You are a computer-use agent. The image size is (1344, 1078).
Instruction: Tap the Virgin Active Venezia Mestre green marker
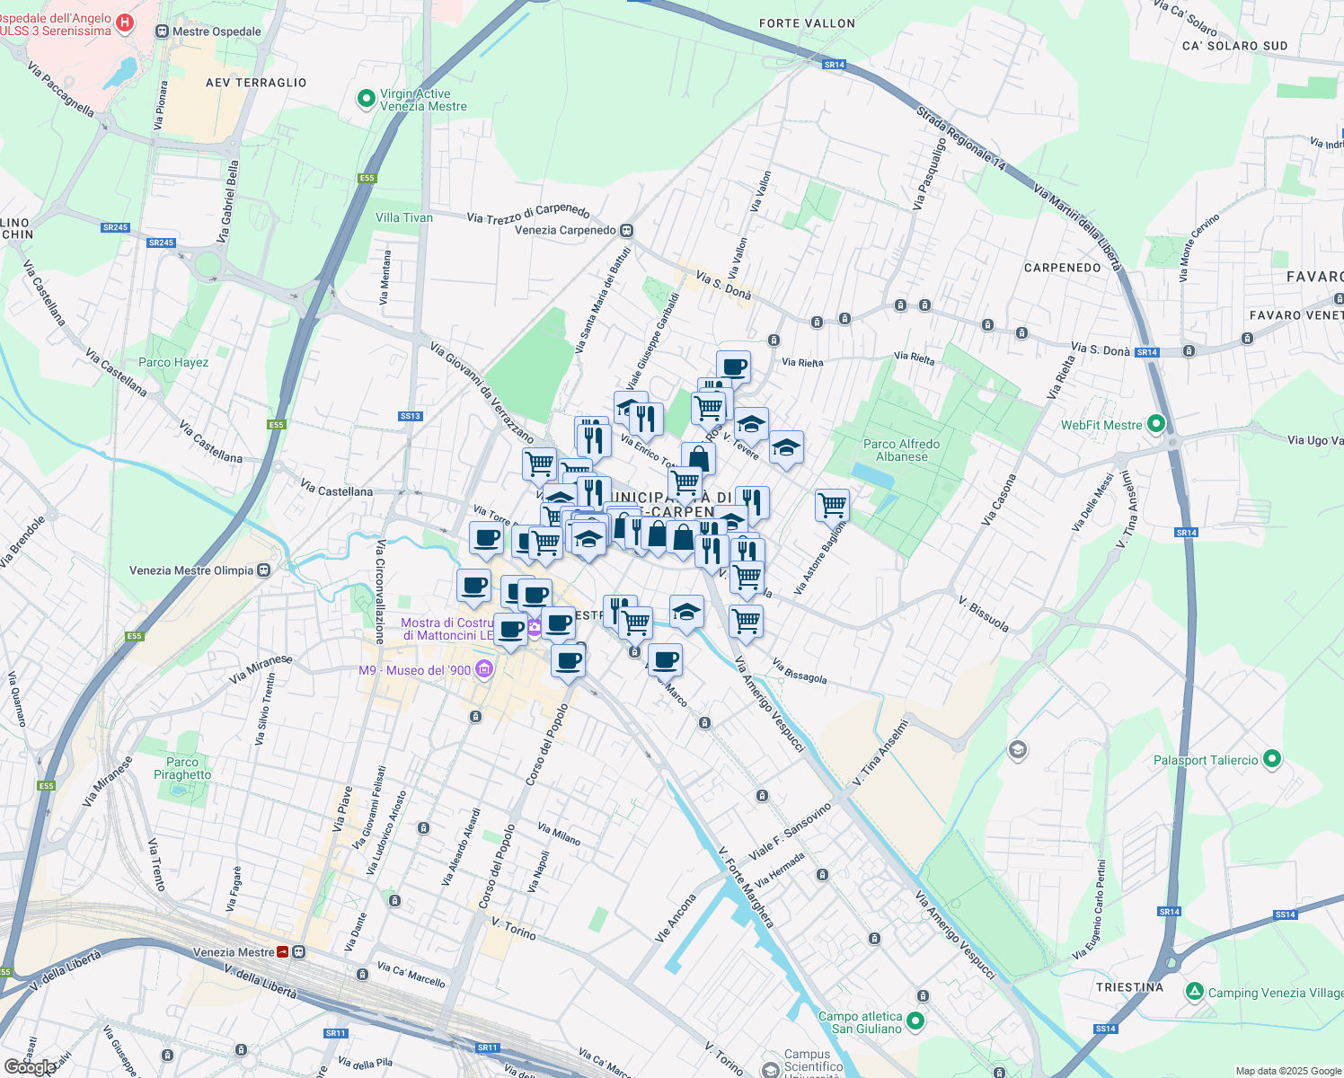(366, 99)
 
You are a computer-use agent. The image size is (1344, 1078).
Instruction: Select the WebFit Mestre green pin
(1156, 424)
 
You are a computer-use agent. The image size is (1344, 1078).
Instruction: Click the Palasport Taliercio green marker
(1271, 759)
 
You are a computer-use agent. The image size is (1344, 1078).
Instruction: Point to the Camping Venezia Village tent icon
(1194, 992)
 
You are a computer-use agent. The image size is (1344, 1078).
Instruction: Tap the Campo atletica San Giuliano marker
(915, 1021)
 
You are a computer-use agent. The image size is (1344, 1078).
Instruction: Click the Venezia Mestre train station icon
(283, 952)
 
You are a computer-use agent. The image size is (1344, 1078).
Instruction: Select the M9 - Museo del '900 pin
(484, 669)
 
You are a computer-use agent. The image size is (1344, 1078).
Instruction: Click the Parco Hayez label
(173, 363)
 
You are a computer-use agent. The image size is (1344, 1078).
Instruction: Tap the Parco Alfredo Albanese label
(901, 450)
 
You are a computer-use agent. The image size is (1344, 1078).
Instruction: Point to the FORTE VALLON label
(807, 23)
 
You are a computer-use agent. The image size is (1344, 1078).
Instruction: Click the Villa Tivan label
(403, 217)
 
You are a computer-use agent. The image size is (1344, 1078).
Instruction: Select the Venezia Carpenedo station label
(565, 230)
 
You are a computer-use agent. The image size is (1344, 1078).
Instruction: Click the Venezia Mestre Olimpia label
(191, 570)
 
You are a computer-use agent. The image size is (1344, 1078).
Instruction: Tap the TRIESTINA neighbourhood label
(1129, 987)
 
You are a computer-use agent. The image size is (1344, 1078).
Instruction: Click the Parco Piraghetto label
(182, 768)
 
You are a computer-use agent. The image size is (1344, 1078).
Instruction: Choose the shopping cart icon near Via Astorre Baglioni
(832, 505)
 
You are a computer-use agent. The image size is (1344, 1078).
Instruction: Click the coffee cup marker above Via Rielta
(733, 367)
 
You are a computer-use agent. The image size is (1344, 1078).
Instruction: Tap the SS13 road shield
(410, 416)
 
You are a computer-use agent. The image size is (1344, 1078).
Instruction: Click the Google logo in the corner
(30, 1067)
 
